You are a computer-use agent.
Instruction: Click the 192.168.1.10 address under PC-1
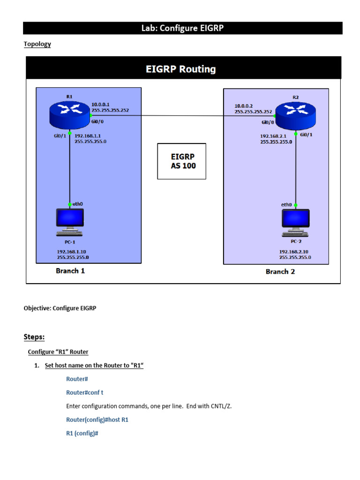(x=71, y=251)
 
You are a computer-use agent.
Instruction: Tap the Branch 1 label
(x=70, y=270)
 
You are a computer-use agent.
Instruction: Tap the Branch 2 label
(x=280, y=271)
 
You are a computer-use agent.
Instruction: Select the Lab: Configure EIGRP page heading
(x=182, y=28)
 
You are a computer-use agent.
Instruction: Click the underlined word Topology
(x=37, y=44)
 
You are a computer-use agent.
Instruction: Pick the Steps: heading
(x=34, y=337)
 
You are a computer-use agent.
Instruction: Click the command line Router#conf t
(x=88, y=392)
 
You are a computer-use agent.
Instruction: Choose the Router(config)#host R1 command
(x=97, y=420)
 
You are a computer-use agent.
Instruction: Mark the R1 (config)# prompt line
(x=82, y=434)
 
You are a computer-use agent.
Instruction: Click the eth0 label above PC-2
(x=286, y=205)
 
